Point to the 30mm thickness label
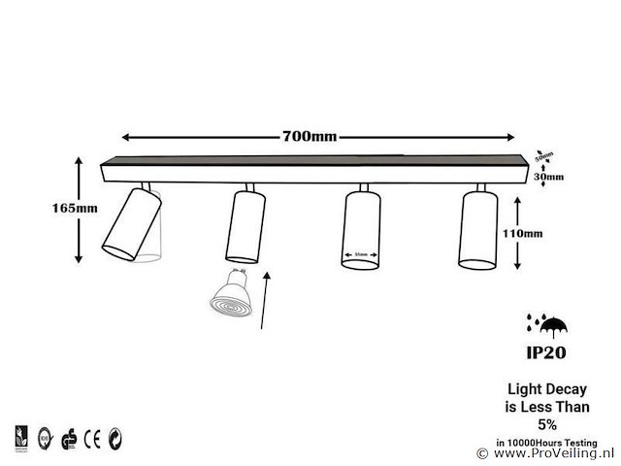tap(548, 177)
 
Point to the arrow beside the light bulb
tap(269, 301)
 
